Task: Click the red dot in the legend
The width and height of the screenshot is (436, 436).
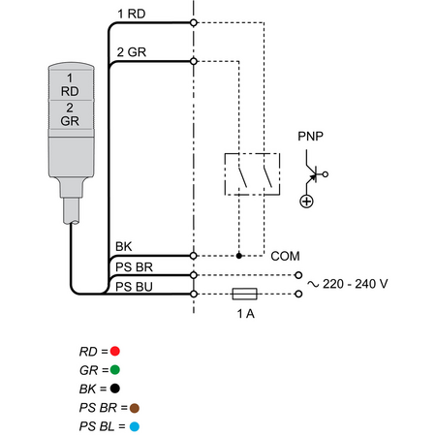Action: [114, 351]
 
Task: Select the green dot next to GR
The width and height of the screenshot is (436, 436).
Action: [114, 370]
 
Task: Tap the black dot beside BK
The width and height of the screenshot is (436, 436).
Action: [114, 389]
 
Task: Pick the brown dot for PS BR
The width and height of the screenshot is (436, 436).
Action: [135, 408]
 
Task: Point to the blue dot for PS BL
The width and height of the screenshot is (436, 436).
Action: [135, 426]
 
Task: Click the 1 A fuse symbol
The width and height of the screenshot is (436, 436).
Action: [245, 294]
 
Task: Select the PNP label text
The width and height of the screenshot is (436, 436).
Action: [310, 137]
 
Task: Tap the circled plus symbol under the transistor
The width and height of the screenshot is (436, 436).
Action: [306, 202]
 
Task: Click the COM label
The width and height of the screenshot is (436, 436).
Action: [285, 256]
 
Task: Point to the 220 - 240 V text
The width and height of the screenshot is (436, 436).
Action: [355, 284]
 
